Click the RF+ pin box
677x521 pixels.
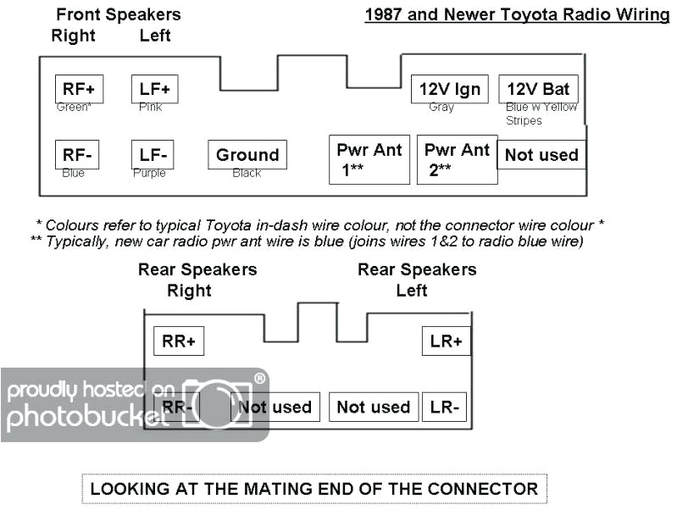click(x=79, y=88)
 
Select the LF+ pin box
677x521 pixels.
click(x=155, y=88)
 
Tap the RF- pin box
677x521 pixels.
click(x=77, y=155)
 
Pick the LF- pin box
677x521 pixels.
click(x=153, y=155)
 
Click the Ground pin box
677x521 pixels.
click(x=247, y=155)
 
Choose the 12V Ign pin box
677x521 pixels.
click(x=450, y=88)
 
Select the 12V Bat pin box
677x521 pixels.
click(x=538, y=88)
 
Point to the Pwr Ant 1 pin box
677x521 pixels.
click(x=369, y=159)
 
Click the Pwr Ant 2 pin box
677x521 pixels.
click(x=458, y=159)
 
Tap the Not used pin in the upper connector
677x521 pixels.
click(x=541, y=155)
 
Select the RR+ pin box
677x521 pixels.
click(x=179, y=341)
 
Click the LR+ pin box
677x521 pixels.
click(x=446, y=341)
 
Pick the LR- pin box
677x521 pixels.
click(x=445, y=407)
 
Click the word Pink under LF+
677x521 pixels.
click(x=150, y=108)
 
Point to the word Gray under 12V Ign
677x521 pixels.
click(x=441, y=108)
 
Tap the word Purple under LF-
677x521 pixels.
click(x=149, y=174)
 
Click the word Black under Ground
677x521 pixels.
click(x=247, y=174)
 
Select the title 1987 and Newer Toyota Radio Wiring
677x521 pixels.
click(x=517, y=15)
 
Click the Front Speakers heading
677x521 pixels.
click(x=119, y=15)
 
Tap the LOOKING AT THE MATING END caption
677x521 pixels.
click(x=314, y=489)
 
